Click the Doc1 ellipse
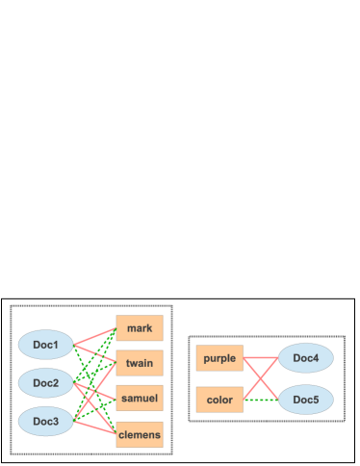click(x=46, y=345)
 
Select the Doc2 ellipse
click(x=46, y=383)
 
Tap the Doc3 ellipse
click(x=46, y=422)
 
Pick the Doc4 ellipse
click(x=306, y=358)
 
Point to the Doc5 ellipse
click(x=306, y=399)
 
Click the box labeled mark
click(x=140, y=328)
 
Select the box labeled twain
click(x=140, y=363)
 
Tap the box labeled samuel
click(x=140, y=398)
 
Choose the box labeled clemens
click(x=140, y=435)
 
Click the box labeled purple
click(x=219, y=358)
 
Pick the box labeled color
click(x=219, y=400)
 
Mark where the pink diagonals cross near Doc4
click(x=261, y=378)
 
